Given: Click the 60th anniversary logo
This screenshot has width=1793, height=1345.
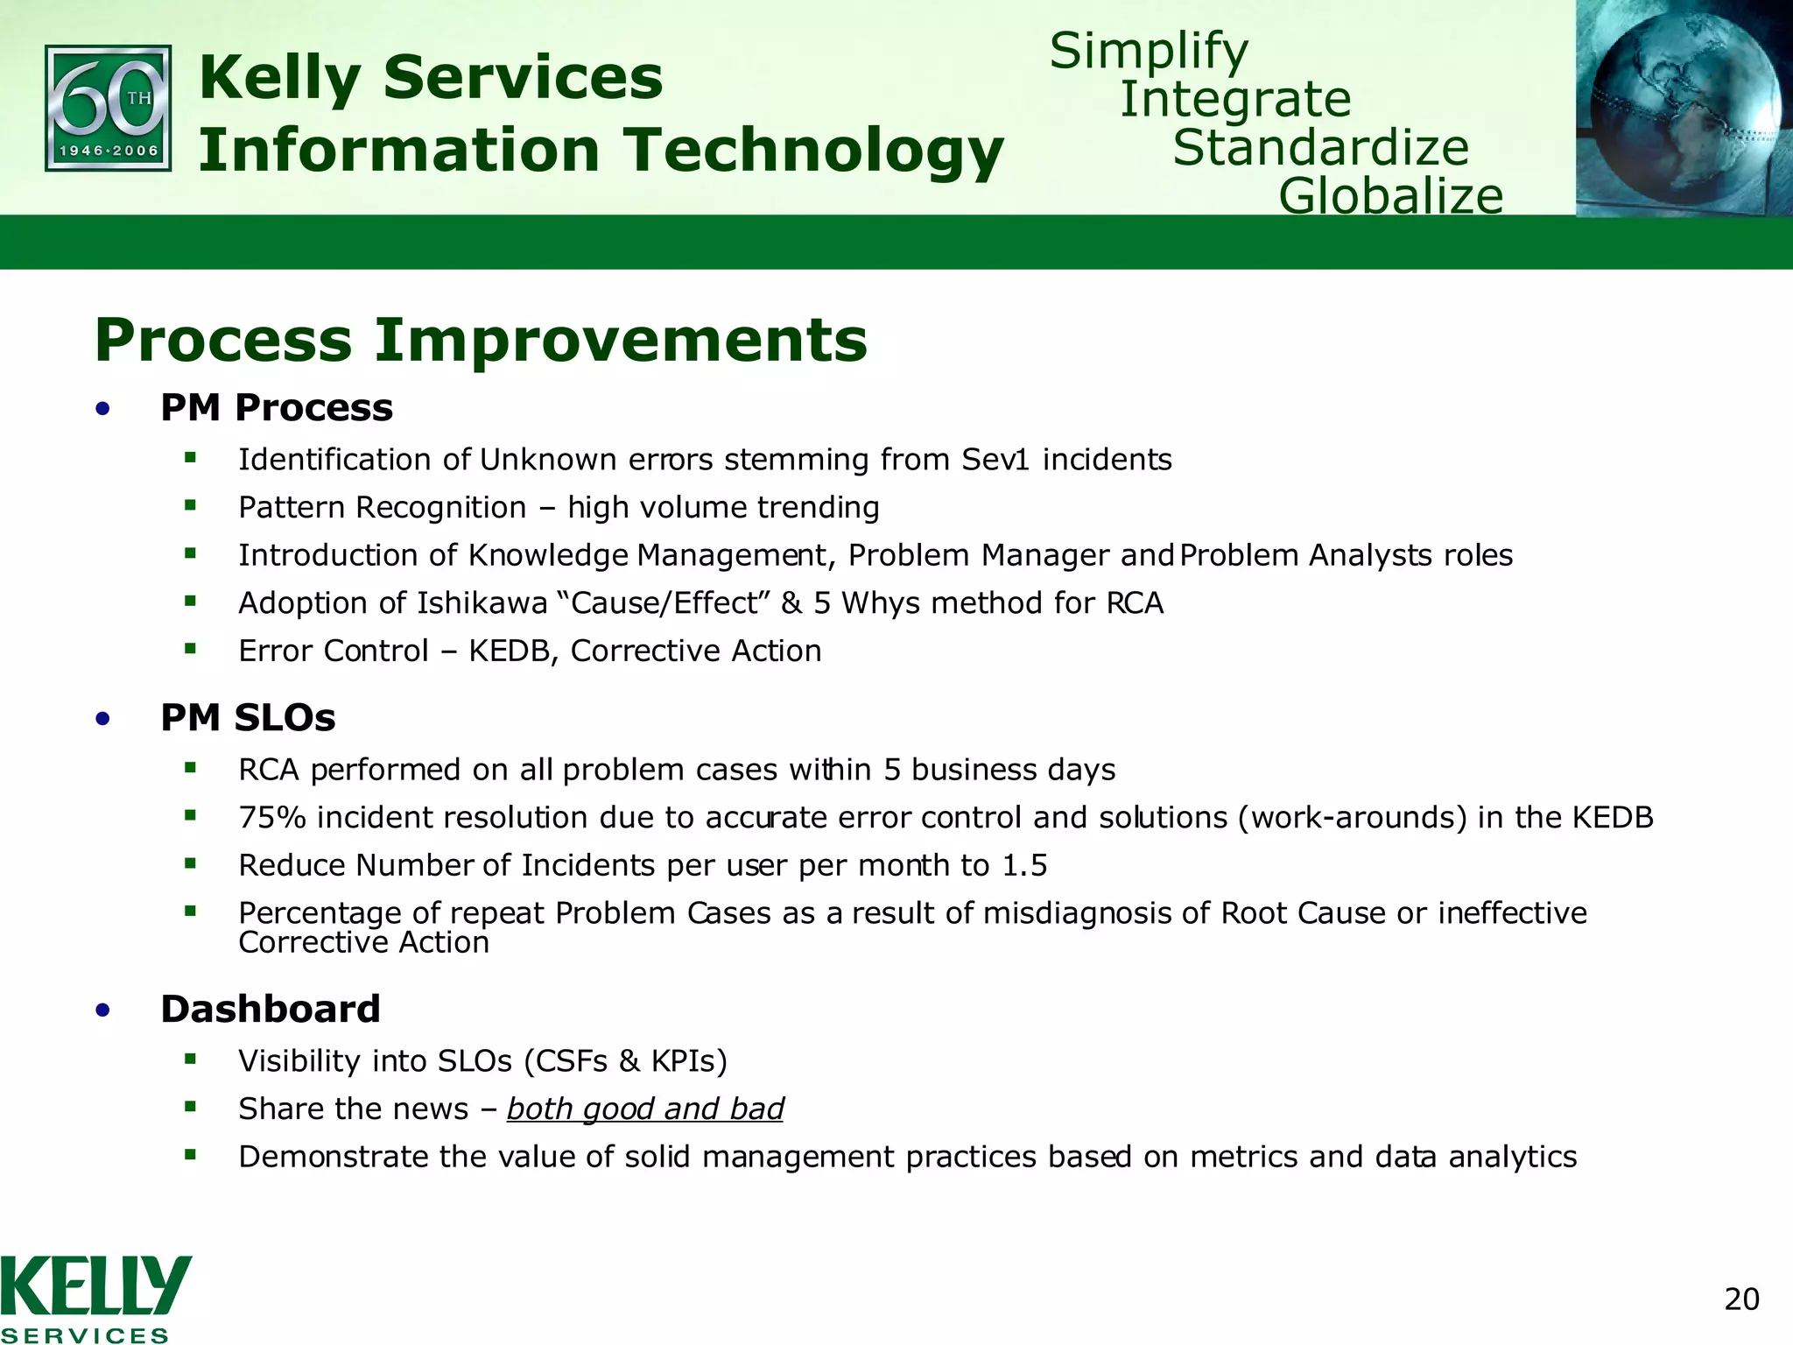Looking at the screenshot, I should (108, 109).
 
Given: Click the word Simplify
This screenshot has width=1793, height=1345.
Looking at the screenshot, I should (1149, 51).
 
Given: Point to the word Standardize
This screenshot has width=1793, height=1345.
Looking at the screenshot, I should (1320, 147).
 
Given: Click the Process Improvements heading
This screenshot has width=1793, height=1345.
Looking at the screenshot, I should (481, 340).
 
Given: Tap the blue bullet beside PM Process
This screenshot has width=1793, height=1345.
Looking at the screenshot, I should (103, 408).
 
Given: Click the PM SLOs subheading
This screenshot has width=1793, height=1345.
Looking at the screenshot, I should (248, 718).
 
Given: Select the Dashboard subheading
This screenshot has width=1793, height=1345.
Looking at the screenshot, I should (271, 1009).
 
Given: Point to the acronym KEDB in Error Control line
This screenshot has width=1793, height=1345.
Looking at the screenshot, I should (511, 651).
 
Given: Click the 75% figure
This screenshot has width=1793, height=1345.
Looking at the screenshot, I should (272, 818).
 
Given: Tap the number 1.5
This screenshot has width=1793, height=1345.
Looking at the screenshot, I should (1024, 866).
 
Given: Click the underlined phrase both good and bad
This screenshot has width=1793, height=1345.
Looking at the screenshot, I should (645, 1109).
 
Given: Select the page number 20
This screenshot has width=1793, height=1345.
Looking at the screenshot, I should (1741, 1299).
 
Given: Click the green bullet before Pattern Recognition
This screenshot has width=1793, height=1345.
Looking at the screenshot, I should (190, 505).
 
